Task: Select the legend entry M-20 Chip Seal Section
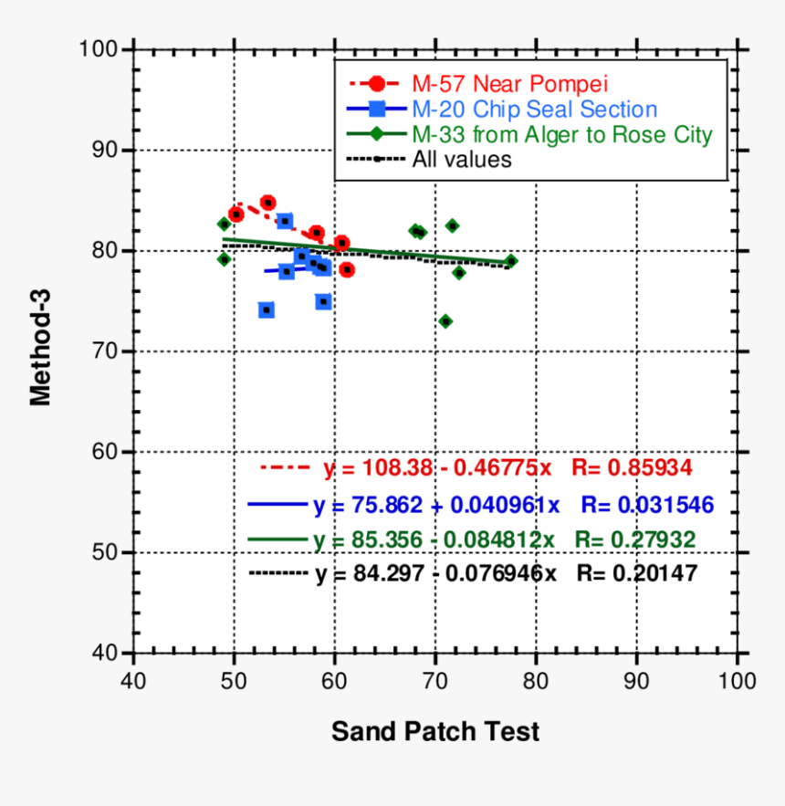pyautogui.click(x=534, y=110)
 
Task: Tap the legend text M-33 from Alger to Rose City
pyautogui.click(x=561, y=135)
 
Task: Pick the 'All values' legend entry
pyautogui.click(x=462, y=160)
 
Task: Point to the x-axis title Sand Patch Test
pyautogui.click(x=434, y=731)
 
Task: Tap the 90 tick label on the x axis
pyautogui.click(x=636, y=681)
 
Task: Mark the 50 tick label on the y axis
pyautogui.click(x=105, y=553)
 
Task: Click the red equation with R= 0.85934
pyautogui.click(x=508, y=467)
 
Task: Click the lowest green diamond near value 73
pyautogui.click(x=445, y=321)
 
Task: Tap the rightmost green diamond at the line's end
pyautogui.click(x=511, y=261)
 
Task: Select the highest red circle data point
pyautogui.click(x=267, y=203)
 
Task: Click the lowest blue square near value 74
pyautogui.click(x=267, y=310)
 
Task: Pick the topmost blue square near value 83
pyautogui.click(x=285, y=221)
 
